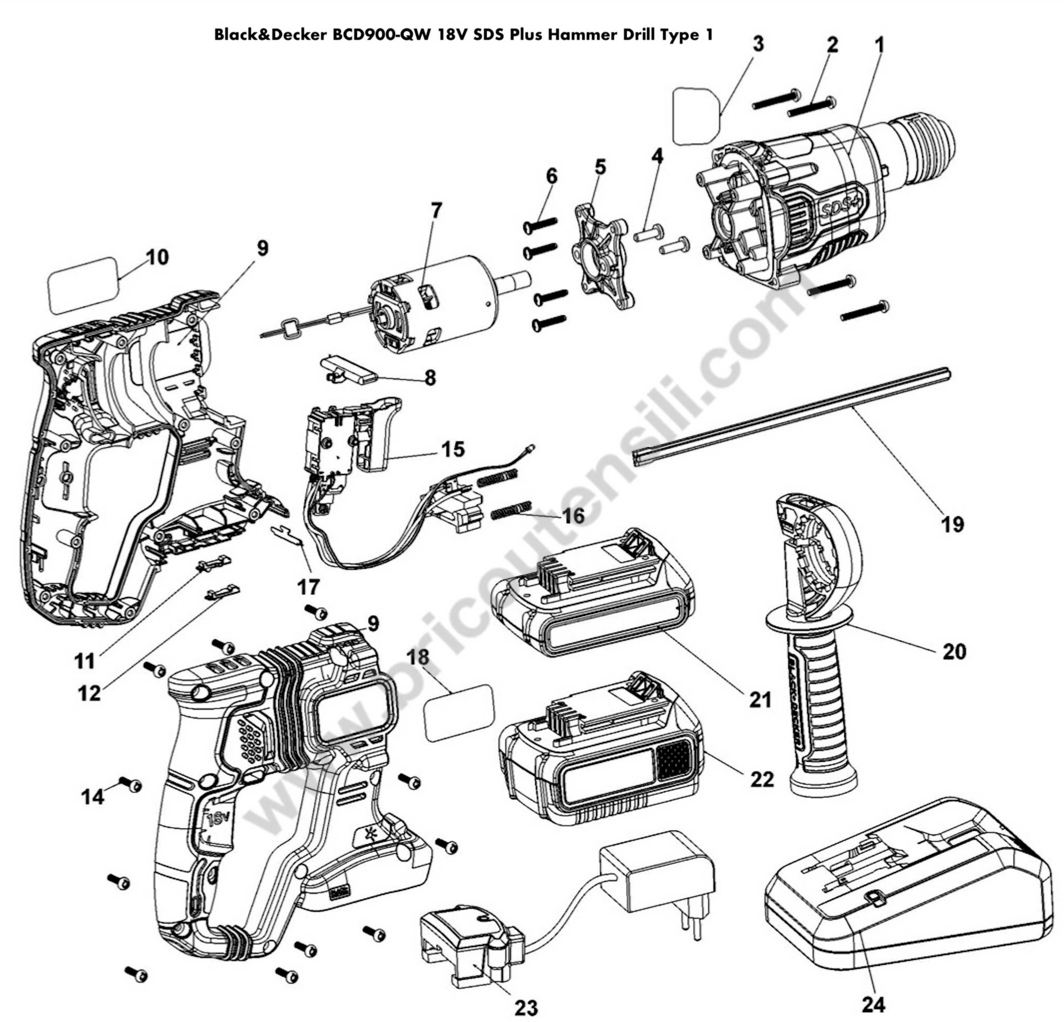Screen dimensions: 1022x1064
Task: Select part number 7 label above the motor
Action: pos(436,211)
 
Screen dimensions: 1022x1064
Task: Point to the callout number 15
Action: pos(453,449)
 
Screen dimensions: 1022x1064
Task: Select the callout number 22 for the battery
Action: pos(762,779)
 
